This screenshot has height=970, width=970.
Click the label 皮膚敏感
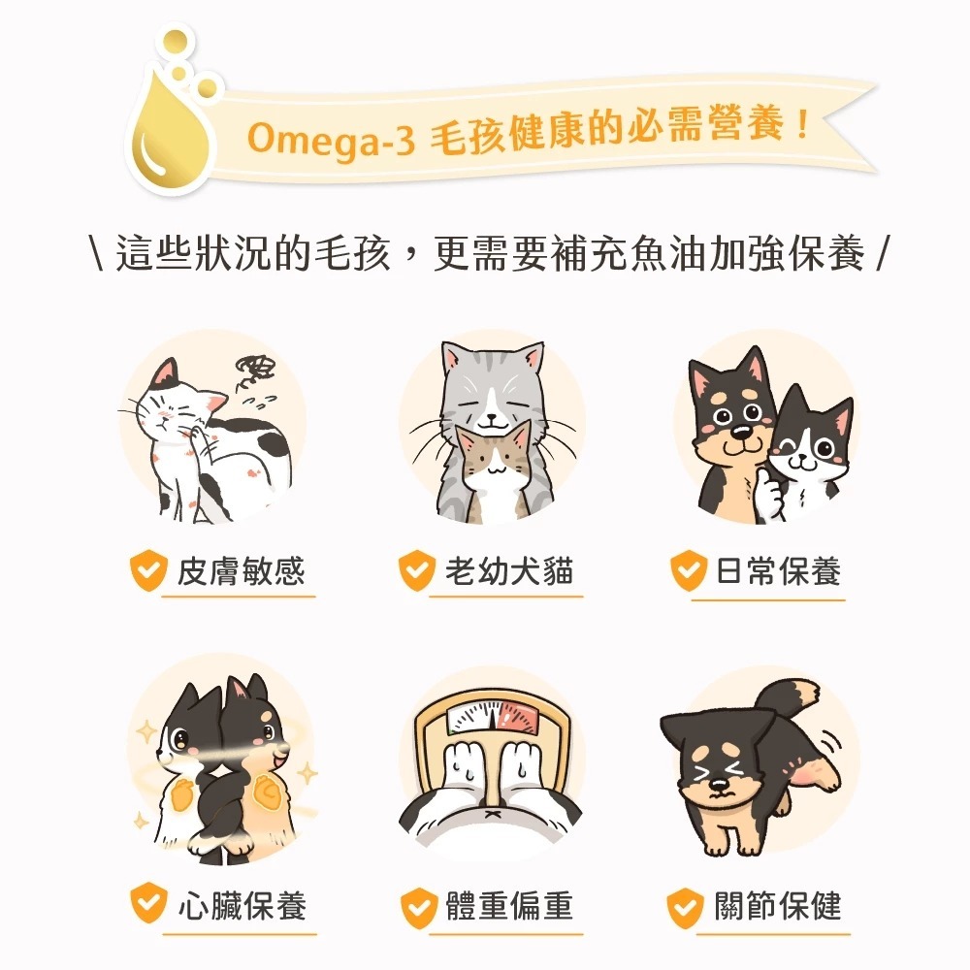click(241, 571)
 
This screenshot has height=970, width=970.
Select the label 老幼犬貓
click(509, 571)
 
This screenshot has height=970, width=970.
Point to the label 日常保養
click(778, 571)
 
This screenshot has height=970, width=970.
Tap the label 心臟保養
click(242, 906)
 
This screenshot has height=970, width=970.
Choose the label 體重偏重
click(509, 906)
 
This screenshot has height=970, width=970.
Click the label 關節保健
click(778, 906)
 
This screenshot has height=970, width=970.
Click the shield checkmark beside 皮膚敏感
click(148, 572)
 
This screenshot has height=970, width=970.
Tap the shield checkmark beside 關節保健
click(686, 908)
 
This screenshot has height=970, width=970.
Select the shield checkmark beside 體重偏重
click(418, 908)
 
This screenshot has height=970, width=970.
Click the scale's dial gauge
click(492, 719)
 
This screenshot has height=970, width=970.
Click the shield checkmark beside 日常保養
click(688, 572)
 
